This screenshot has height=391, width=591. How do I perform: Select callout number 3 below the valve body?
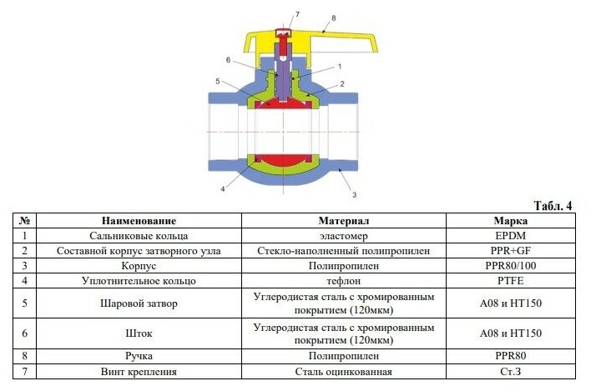point(354,193)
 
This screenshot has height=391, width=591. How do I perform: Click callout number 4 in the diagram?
point(222,188)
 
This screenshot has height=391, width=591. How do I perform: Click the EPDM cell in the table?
point(510,236)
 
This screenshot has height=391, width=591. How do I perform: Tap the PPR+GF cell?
point(510,251)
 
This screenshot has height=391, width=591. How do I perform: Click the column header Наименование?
point(139,221)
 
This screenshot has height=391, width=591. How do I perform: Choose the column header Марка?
point(510,221)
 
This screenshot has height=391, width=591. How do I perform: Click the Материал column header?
point(343,221)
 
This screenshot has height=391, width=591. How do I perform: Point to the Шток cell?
point(139,333)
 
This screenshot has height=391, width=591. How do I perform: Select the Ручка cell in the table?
point(139,356)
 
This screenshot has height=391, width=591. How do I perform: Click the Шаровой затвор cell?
point(139,303)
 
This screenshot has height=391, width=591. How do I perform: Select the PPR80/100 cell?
point(510,266)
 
